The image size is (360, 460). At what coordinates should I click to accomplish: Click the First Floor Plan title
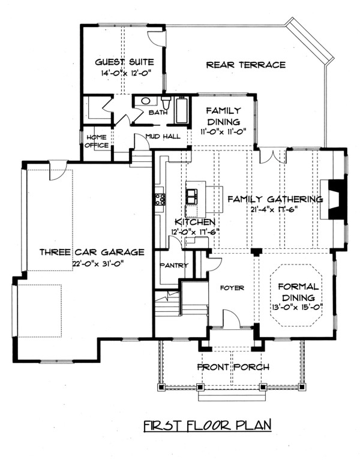click(208, 425)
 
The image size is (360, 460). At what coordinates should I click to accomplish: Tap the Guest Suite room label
click(124, 62)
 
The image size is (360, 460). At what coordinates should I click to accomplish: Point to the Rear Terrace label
click(246, 65)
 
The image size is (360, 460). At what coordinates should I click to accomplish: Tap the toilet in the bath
click(166, 103)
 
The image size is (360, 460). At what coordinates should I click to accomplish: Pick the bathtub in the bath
click(182, 110)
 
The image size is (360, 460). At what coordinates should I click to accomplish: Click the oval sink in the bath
click(146, 101)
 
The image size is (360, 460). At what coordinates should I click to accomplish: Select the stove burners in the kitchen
click(160, 199)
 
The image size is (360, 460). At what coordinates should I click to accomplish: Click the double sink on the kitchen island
click(192, 196)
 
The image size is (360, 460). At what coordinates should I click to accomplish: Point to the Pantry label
click(173, 265)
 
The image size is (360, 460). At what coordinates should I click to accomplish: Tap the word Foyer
click(232, 288)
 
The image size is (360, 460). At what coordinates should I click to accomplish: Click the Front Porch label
click(233, 367)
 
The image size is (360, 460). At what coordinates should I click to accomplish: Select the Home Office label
click(97, 141)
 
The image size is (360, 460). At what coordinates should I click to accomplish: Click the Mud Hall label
click(163, 136)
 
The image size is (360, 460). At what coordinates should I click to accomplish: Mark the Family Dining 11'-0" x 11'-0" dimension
click(223, 131)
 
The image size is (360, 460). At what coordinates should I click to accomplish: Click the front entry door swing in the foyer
click(232, 318)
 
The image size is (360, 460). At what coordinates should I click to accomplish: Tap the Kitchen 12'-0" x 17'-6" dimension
click(196, 231)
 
